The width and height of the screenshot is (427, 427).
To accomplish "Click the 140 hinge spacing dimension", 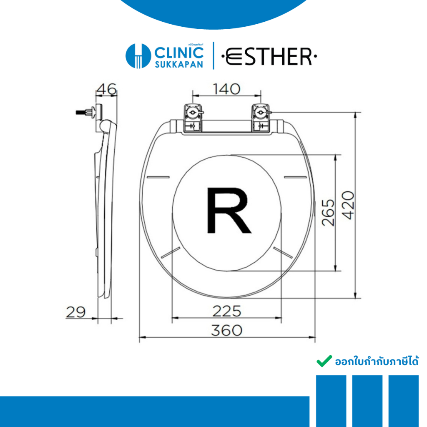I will point(227,89).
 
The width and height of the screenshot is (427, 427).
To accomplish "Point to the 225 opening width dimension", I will point(227,311).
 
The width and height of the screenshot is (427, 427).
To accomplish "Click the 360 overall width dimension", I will point(226,330).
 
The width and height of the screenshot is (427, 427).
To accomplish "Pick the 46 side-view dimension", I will point(106,89).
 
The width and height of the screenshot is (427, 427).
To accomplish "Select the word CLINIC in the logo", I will point(179,53).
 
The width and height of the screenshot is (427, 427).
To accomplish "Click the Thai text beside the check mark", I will point(377,361).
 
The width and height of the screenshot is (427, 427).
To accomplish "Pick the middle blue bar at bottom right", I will point(367,400).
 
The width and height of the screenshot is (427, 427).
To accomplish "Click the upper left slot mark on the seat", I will point(159,177).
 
